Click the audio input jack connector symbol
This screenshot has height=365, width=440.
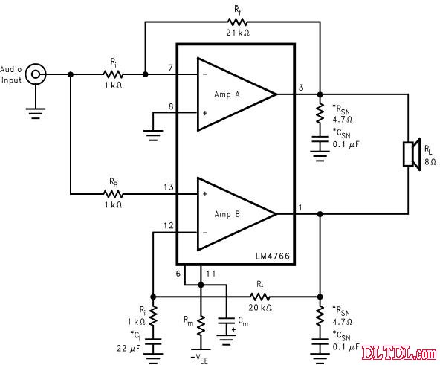click(36, 74)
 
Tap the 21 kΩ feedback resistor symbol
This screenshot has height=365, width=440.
click(237, 22)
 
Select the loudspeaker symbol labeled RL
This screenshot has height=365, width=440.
click(412, 154)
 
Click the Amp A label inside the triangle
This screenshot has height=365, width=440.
click(227, 94)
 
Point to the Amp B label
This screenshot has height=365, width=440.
click(227, 214)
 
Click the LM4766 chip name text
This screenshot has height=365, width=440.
click(273, 256)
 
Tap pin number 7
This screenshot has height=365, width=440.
click(171, 68)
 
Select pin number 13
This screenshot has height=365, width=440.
click(169, 187)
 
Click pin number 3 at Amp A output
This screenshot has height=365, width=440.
click(301, 88)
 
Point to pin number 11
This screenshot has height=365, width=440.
click(211, 274)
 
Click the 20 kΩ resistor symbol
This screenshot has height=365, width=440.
click(260, 297)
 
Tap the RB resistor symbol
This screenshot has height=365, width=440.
click(113, 194)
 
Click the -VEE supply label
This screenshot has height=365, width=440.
click(199, 359)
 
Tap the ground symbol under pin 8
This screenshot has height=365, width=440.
click(153, 135)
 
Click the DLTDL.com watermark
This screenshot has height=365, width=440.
click(399, 352)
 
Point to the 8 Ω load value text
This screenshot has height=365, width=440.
click(430, 162)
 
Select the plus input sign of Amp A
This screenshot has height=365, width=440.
click(205, 113)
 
